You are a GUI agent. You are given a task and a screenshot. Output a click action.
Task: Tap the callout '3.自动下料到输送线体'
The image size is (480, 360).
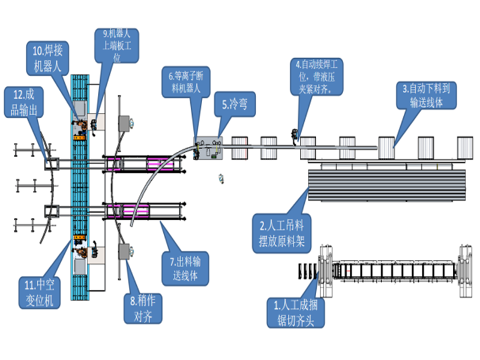[427, 95]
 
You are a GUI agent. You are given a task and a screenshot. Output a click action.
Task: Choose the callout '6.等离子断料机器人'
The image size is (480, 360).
[189, 83]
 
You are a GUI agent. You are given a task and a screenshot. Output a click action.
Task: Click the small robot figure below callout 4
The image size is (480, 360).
[295, 136]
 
